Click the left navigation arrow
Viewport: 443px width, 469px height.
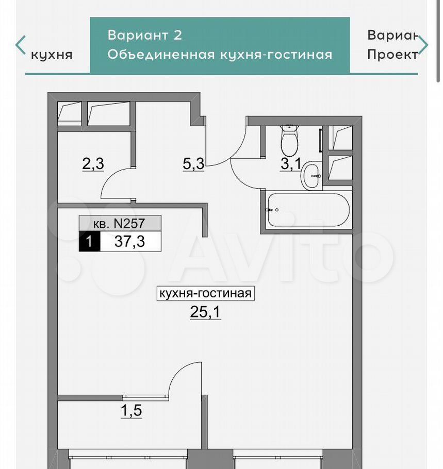(x=20, y=45)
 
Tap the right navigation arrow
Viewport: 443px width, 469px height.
(x=423, y=45)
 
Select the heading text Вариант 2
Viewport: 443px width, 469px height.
(x=144, y=35)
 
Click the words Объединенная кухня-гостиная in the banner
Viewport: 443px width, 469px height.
(x=220, y=55)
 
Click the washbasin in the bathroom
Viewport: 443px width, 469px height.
(x=311, y=176)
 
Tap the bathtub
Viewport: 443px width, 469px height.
(x=308, y=210)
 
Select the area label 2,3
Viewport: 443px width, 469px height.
(x=93, y=164)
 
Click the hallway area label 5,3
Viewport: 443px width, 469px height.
(x=194, y=164)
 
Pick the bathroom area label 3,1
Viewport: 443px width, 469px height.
(x=291, y=164)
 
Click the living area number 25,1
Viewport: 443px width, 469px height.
(x=205, y=312)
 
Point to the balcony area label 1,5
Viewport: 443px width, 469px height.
(x=132, y=410)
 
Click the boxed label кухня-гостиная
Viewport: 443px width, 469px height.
(x=206, y=293)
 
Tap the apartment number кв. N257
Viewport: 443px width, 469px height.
(x=119, y=224)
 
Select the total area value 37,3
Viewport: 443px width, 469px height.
(x=129, y=241)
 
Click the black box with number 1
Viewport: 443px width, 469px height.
(x=90, y=241)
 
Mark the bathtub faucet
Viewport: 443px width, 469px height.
(x=272, y=210)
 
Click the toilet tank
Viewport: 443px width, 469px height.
(x=289, y=127)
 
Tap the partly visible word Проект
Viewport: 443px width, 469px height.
(x=392, y=55)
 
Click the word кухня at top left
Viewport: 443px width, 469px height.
(x=52, y=55)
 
